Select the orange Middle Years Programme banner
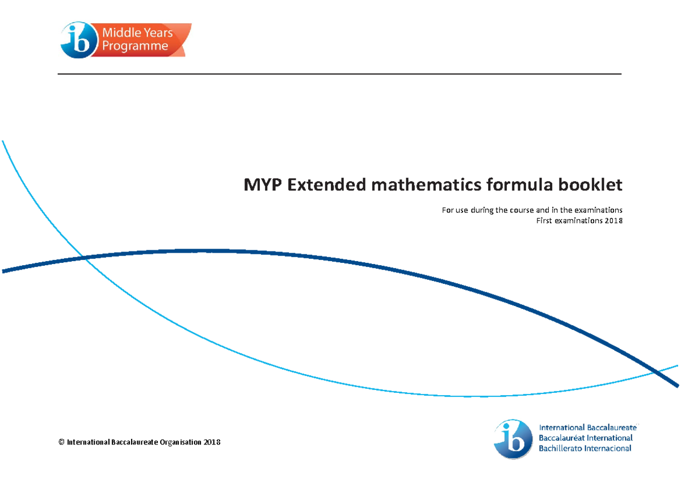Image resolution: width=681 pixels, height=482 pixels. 144,39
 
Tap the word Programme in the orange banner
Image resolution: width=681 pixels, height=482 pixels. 135,46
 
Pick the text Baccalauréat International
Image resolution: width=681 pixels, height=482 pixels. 585,438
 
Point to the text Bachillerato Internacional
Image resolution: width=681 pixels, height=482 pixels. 585,449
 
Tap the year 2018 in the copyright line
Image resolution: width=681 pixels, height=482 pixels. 212,442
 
